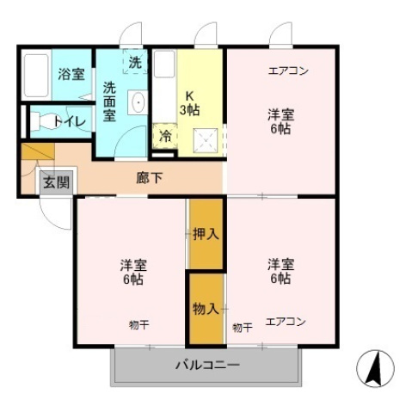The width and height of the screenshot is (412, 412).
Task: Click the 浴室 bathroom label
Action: click(71, 74)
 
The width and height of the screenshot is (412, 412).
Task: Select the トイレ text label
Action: click(70, 121)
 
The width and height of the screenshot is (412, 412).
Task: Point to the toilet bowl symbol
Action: click(40, 122)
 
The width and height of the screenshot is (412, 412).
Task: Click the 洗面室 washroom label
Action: click(110, 101)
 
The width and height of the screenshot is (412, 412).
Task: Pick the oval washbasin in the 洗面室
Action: click(138, 103)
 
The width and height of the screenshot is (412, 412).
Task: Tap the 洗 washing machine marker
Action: click(136, 62)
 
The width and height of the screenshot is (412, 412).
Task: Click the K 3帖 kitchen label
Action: click(188, 102)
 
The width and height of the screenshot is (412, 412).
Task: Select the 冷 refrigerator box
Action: click(163, 136)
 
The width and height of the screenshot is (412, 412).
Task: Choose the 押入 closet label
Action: click(206, 232)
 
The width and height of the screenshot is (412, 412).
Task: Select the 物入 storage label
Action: click(206, 308)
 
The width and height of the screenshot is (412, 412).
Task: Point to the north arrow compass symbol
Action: click(374, 370)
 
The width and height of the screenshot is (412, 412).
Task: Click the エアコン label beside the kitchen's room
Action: click(288, 71)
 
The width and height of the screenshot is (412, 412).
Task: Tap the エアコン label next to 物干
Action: click(285, 323)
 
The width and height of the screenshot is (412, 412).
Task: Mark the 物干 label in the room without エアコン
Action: click(138, 324)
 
